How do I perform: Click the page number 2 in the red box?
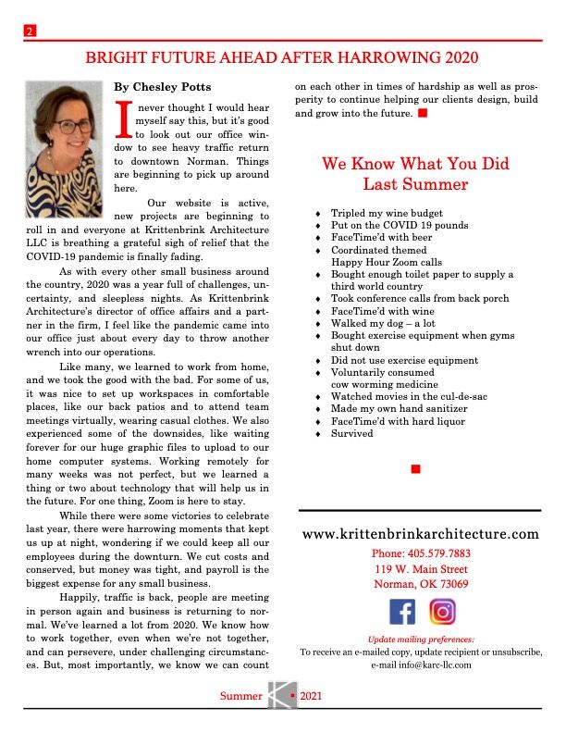(x=30, y=32)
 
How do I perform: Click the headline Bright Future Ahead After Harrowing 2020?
(x=282, y=58)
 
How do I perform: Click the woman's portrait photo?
(x=63, y=136)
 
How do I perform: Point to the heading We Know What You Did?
(x=415, y=164)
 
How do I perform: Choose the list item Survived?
(x=352, y=433)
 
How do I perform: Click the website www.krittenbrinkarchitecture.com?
(x=420, y=534)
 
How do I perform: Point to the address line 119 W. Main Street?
(x=421, y=569)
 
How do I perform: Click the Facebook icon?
(x=402, y=612)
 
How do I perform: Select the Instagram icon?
(x=443, y=612)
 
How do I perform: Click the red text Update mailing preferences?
(x=421, y=639)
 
